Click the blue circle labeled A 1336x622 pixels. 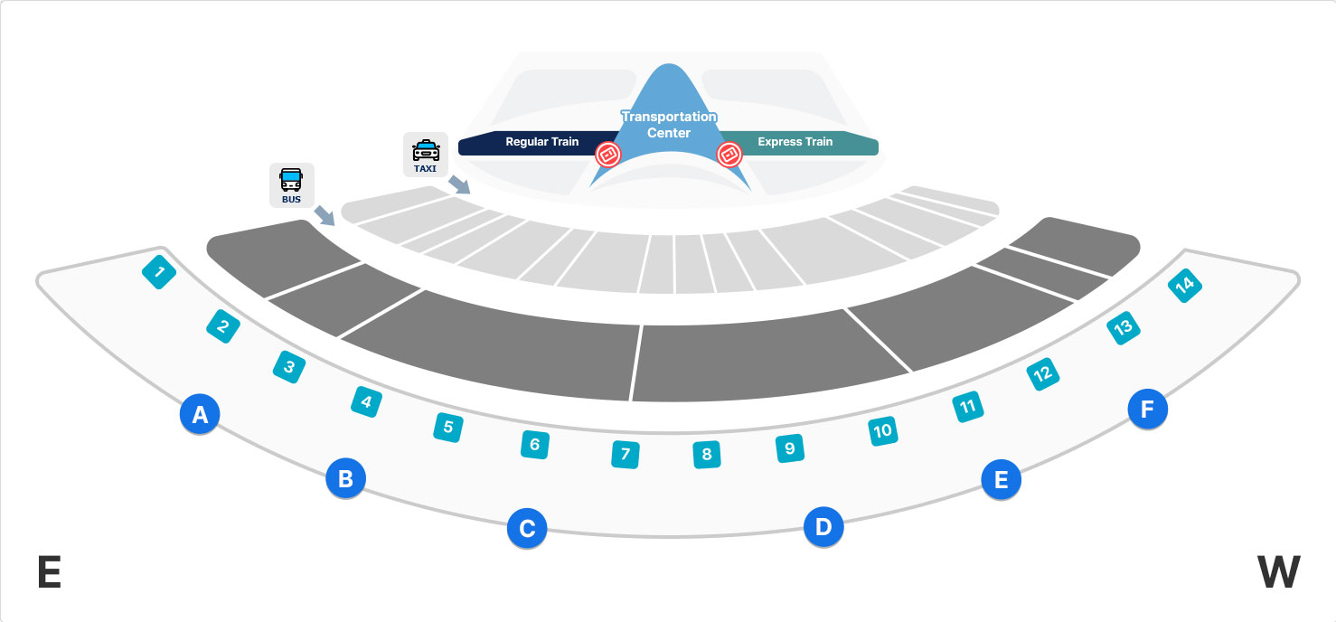tap(201, 415)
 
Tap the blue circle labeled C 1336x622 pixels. tap(527, 528)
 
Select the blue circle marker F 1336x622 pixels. tap(1148, 410)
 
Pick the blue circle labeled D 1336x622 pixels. tap(823, 526)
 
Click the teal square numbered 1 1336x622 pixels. tap(160, 272)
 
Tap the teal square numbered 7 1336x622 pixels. tap(625, 453)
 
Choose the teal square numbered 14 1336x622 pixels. tap(1184, 286)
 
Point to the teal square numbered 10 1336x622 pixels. tap(883, 430)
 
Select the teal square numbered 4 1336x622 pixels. tap(366, 401)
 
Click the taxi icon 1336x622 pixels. tap(426, 154)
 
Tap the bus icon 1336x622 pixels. tap(291, 184)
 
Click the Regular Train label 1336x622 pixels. tap(541, 142)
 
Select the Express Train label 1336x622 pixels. tap(795, 142)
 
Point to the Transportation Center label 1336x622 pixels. tap(669, 125)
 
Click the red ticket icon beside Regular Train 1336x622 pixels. tap(608, 155)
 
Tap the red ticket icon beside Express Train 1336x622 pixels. tap(729, 155)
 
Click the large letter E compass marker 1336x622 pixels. tap(50, 572)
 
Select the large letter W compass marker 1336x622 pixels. tap(1278, 572)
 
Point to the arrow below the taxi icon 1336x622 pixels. tap(460, 185)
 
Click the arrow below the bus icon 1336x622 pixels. tap(324, 215)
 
